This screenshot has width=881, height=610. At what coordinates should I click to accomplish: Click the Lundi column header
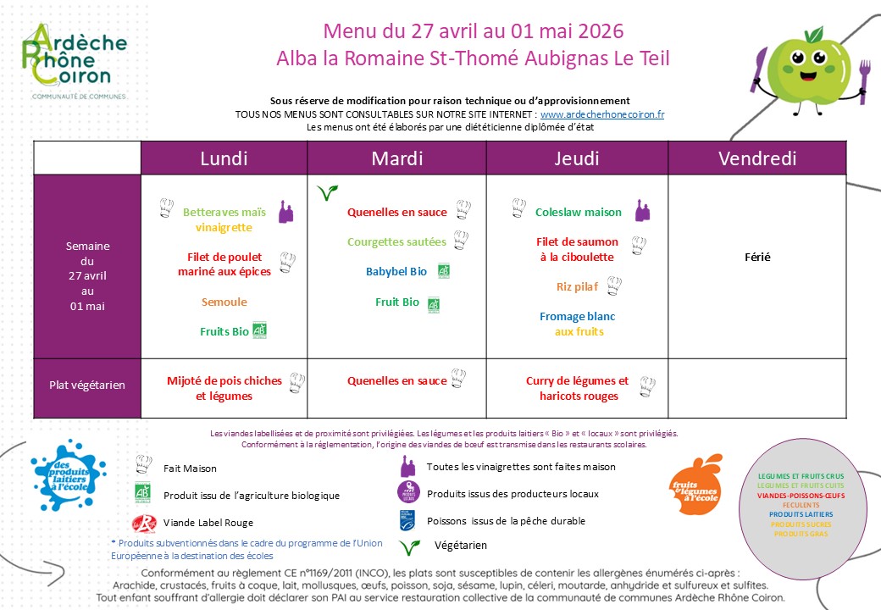coord(224,158)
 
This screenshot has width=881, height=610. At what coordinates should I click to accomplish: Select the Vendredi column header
coord(756,158)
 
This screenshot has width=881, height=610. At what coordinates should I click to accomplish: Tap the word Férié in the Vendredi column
coord(757,257)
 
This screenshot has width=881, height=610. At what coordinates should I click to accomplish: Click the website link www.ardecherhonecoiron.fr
coord(601,114)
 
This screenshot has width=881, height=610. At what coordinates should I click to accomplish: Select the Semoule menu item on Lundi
coord(224,302)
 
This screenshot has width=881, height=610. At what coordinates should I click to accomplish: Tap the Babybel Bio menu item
coord(396,272)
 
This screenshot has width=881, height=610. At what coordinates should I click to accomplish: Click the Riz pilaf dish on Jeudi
coord(577,286)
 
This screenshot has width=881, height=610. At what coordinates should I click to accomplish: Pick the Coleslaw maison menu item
coord(579,213)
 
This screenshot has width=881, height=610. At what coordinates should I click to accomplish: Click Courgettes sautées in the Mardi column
coord(396,241)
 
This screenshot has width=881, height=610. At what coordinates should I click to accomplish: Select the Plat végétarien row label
coord(86,385)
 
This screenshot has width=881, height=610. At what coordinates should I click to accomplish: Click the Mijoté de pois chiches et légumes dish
coord(224,388)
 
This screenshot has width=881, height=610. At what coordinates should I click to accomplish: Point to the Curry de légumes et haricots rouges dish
coord(577,388)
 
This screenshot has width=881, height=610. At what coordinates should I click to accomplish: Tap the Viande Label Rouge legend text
coord(208,523)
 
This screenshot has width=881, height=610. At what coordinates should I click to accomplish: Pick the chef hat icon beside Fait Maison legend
coord(143,464)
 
